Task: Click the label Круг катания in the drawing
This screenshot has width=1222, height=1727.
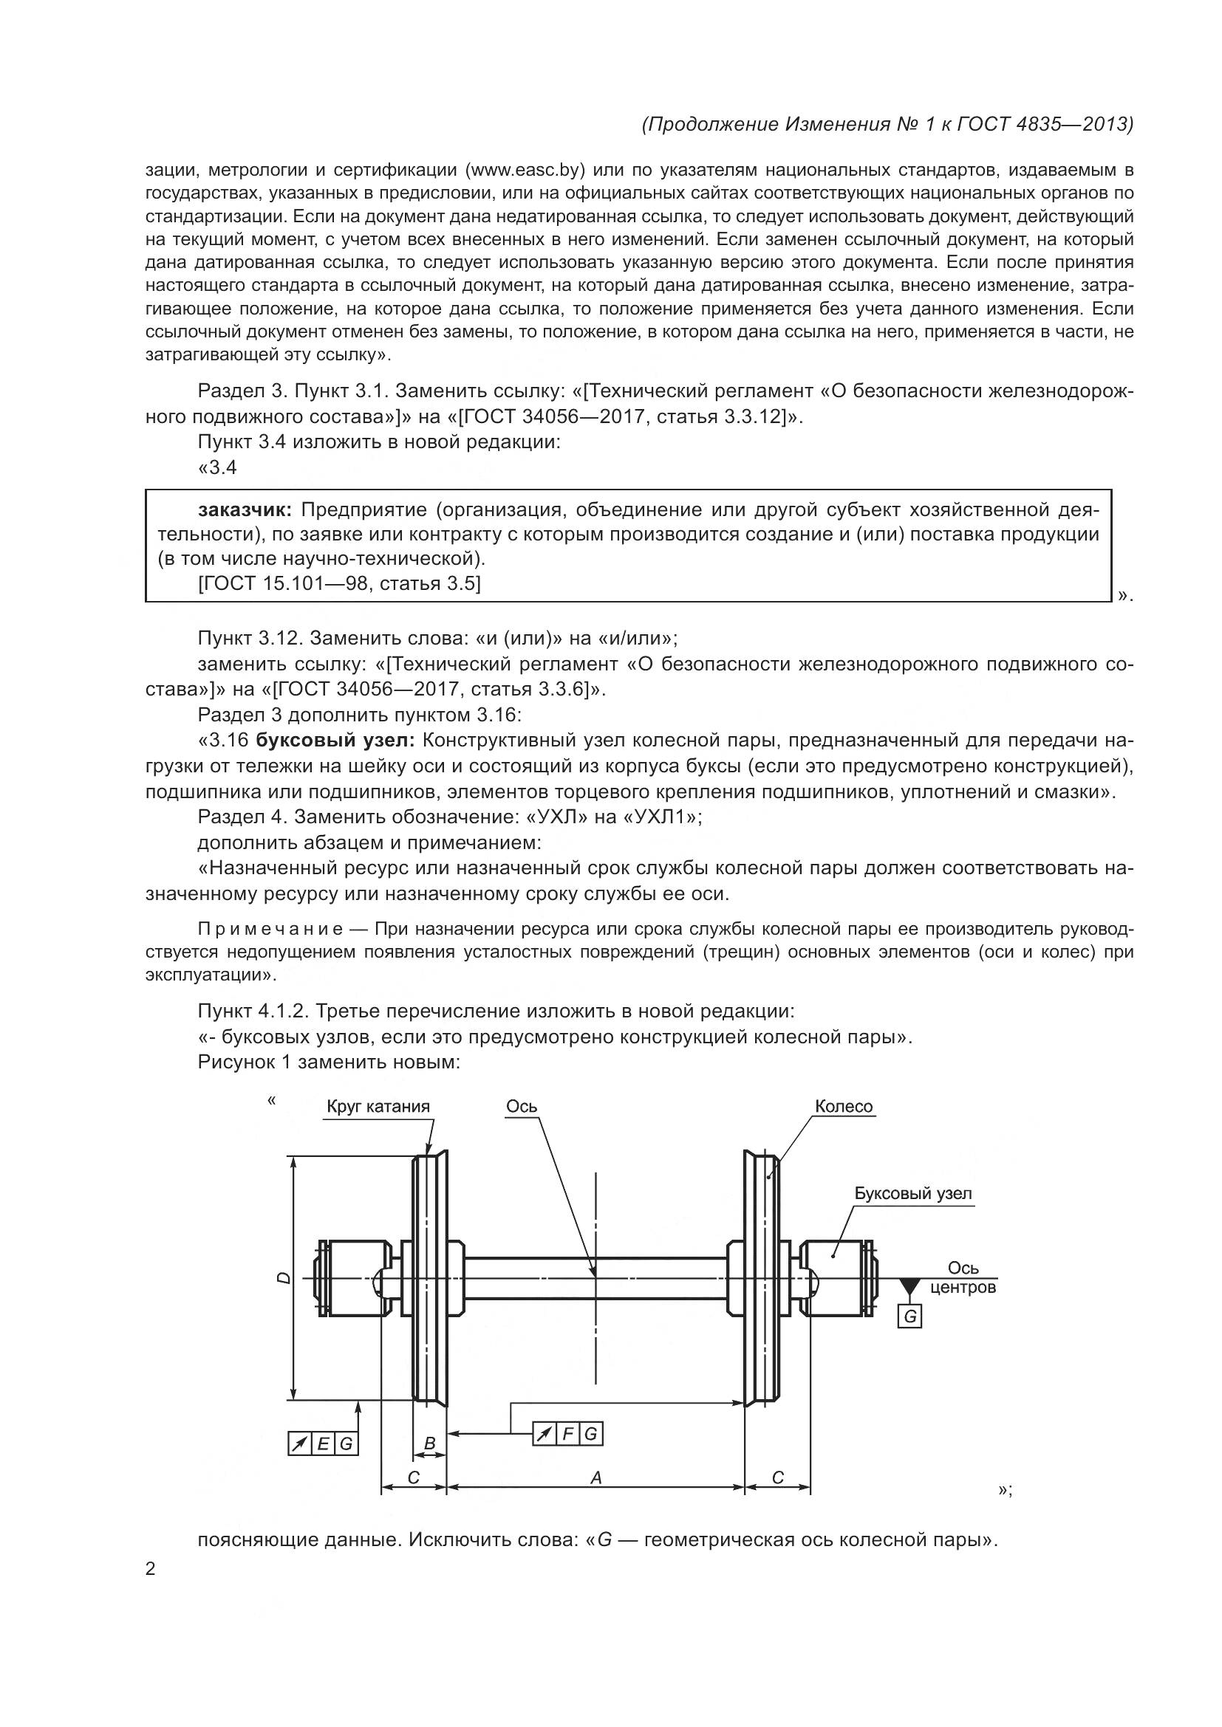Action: tap(378, 1107)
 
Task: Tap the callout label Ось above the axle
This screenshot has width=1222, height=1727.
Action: tap(522, 1106)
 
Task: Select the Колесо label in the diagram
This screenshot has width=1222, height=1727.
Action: tap(844, 1107)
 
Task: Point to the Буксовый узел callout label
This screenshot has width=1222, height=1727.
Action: tap(912, 1194)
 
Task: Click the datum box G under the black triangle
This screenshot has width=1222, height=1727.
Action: tap(909, 1316)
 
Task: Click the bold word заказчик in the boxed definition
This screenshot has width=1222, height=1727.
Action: tap(245, 510)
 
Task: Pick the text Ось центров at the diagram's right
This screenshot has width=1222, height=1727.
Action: tap(963, 1278)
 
